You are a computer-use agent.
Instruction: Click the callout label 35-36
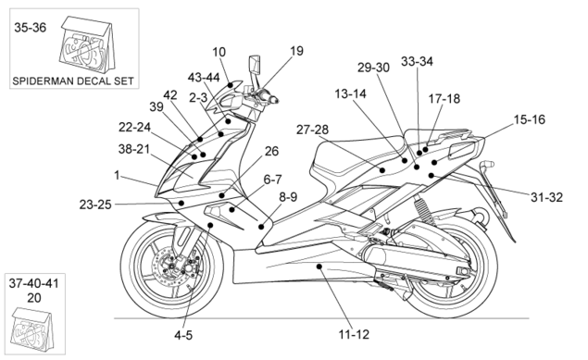pos(30,28)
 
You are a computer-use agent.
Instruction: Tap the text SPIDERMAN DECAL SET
pos(73,81)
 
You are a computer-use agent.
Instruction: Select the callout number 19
pos(296,51)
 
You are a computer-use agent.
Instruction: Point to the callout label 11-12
pos(354,334)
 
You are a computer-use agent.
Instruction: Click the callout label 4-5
pos(183,335)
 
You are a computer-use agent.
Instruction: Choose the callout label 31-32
pos(546,197)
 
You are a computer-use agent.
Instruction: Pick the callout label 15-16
pos(529,119)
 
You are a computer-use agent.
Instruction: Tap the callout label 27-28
pos(312,130)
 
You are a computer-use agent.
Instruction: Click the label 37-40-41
pos(33,283)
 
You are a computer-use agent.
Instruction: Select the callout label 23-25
pos(95,205)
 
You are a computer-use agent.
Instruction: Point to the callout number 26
pos(271,151)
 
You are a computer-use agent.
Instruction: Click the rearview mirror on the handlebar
pos(255,65)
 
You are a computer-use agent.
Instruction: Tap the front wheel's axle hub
pos(172,267)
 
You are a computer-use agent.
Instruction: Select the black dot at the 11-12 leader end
pos(319,267)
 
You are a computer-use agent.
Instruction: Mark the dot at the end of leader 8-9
pos(261,227)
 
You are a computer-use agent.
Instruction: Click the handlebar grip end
pos(275,100)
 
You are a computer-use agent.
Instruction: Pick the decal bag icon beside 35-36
pos(88,44)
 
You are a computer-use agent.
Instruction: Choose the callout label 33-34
pos(417,61)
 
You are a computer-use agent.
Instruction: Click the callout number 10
pos(219,52)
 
